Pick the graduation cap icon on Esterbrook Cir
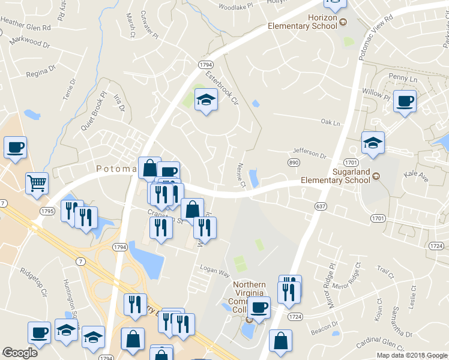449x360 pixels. [x=206, y=100]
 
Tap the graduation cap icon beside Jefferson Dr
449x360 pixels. [x=373, y=143]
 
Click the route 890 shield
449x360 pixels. [x=294, y=163]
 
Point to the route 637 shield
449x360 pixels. [x=321, y=206]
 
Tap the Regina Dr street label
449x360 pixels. [x=40, y=74]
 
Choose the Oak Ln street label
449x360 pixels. [x=330, y=122]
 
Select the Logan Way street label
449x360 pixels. [x=215, y=272]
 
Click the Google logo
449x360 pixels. [x=20, y=352]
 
